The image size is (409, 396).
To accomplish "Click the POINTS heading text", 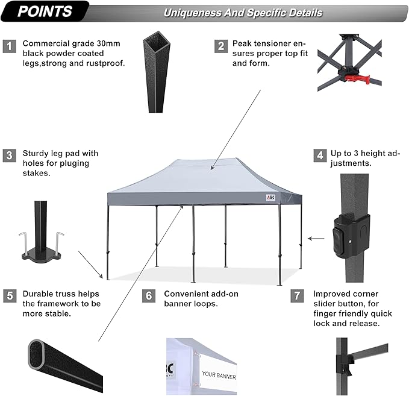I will pos(45,11).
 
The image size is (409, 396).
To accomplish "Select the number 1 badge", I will pos(9,45).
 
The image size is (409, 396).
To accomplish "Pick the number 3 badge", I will pos(9,156).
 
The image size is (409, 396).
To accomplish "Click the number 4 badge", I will pos(319,156).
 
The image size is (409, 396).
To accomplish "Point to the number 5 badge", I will pos(9,295).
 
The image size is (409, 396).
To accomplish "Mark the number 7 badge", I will pos(296,295).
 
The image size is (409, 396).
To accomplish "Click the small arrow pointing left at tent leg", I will pos(315,239).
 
